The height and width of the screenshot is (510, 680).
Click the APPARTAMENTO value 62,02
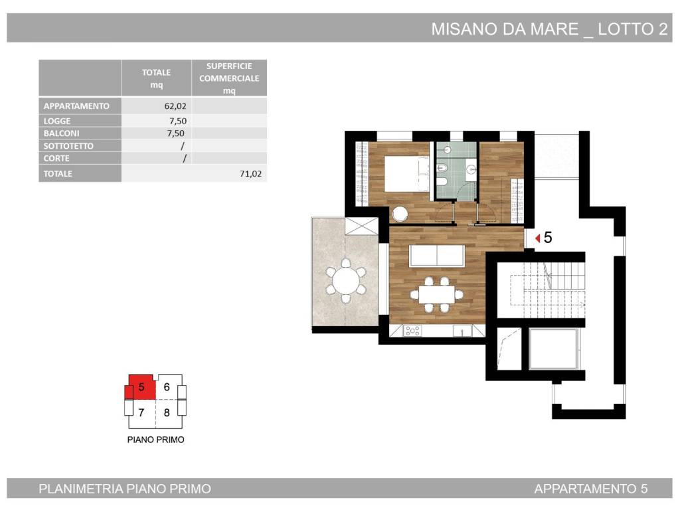pos(175,106)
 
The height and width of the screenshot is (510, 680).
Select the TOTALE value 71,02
pos(250,174)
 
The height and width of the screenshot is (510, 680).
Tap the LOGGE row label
pos(57,121)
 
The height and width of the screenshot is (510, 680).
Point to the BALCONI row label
pos(61,133)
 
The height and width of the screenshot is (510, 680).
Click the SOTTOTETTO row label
pos(68,145)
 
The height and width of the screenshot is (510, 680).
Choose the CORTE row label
pos(56,158)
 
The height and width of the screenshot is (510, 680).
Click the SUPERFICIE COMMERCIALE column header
pos(229,78)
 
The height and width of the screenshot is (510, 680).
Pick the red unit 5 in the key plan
pos(141,387)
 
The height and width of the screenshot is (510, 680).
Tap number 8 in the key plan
pos(167,412)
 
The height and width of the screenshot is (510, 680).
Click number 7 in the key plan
pos(141,412)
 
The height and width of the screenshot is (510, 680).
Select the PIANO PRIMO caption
pos(155,440)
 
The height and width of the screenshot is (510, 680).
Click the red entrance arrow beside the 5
pos(538,238)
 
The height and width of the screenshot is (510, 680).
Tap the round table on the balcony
pos(345,281)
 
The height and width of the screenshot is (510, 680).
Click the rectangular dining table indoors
pos(437,295)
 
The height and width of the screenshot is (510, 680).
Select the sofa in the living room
pos(437,256)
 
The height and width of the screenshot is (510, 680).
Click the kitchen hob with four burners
pos(412,331)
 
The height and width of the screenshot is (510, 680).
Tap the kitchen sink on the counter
pos(462,331)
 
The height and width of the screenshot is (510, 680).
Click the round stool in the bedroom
pos(399,214)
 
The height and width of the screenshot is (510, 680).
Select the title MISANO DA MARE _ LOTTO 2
pos(549,29)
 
